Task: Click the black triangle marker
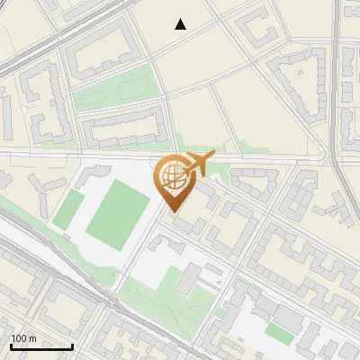point(181,24)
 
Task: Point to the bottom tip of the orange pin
point(174,211)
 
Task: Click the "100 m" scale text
point(23,338)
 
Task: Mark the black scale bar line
point(41,346)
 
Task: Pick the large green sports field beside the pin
point(118,216)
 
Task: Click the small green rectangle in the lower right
point(279,333)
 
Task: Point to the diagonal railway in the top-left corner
point(54,36)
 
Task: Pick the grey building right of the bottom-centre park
point(191,279)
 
